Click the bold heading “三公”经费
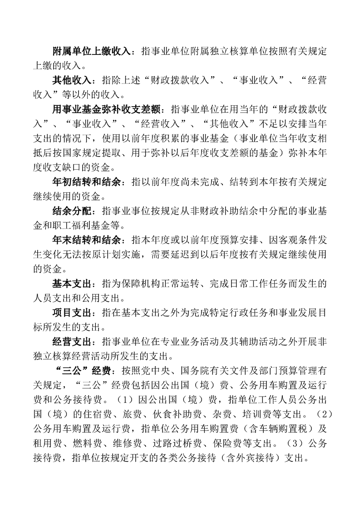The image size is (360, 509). coord(83,371)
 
